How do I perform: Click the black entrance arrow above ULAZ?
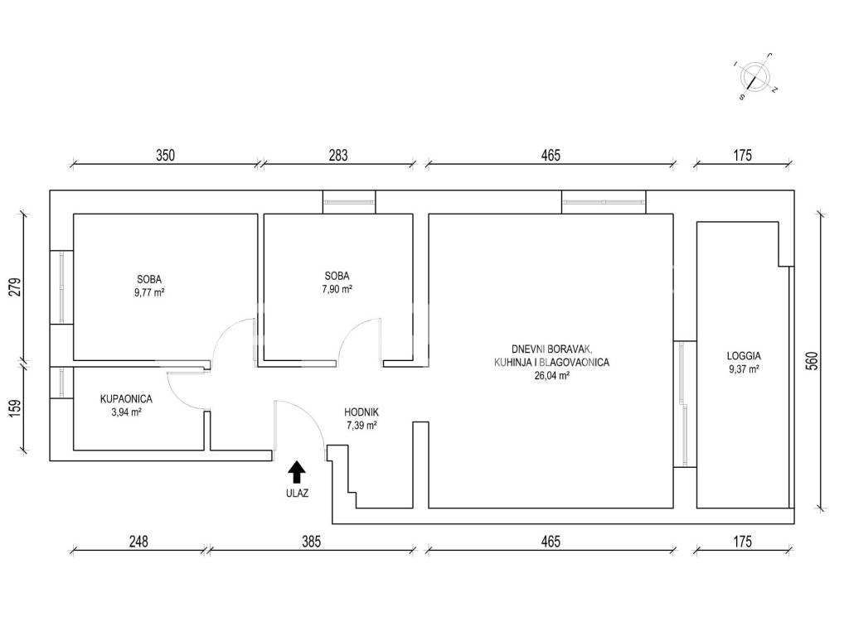pos(296,471)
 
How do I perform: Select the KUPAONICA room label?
pos(126,399)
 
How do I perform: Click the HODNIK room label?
pos(361,412)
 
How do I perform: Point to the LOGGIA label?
pos(744,356)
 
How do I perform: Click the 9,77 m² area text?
pos(149,292)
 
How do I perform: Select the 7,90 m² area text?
pos(337,289)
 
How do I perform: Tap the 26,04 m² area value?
pos(551,375)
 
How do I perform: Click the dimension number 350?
pos(165,155)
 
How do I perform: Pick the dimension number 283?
pos(338,155)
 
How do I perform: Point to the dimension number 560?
pos(812,361)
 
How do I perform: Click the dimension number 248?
pos(138,542)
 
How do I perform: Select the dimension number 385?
pos(312,542)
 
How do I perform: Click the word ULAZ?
pos(298,494)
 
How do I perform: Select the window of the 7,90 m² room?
pos(349,202)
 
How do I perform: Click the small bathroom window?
pos(61,383)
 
